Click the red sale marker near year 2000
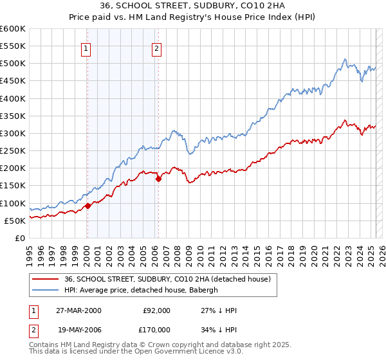(87, 206)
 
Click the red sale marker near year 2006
(158, 179)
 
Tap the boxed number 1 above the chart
(86, 47)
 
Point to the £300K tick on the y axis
(13, 133)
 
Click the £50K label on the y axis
(15, 221)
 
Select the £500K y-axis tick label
(13, 63)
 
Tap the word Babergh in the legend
(203, 290)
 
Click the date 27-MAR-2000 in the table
(78, 310)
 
